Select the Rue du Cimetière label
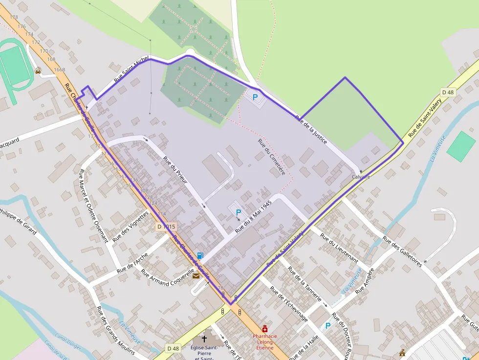click(271, 157)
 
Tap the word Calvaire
click(361, 177)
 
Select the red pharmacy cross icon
click(265, 329)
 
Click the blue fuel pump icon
click(200, 255)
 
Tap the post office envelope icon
click(196, 276)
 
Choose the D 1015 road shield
click(166, 227)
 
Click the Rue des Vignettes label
click(131, 227)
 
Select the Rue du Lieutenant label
click(339, 248)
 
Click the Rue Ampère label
click(367, 281)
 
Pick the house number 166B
click(60, 70)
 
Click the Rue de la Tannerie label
click(305, 284)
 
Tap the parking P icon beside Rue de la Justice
click(255, 97)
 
